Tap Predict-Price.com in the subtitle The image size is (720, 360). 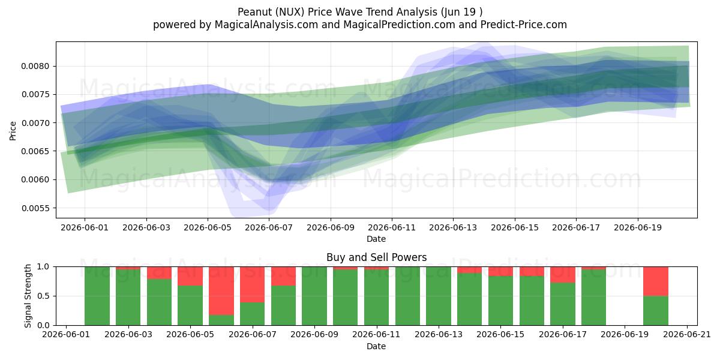[x=524, y=25]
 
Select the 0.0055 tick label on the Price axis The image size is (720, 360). [x=35, y=208]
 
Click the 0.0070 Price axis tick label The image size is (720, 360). [x=35, y=123]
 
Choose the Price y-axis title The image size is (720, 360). [x=13, y=131]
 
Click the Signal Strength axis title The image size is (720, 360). [x=28, y=296]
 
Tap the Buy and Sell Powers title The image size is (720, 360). [x=376, y=257]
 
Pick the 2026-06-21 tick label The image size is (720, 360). [x=687, y=335]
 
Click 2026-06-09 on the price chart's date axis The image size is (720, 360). [x=331, y=227]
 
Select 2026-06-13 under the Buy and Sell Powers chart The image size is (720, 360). [x=439, y=335]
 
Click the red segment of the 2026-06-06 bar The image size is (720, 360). [x=221, y=291]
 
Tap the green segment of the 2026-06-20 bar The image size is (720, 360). [x=656, y=311]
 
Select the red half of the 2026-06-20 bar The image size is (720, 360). [x=656, y=281]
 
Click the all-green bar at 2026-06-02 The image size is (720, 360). [x=97, y=296]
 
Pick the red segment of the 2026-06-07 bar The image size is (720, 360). [x=253, y=284]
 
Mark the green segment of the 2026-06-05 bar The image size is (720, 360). [x=190, y=305]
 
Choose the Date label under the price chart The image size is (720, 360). [x=376, y=239]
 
